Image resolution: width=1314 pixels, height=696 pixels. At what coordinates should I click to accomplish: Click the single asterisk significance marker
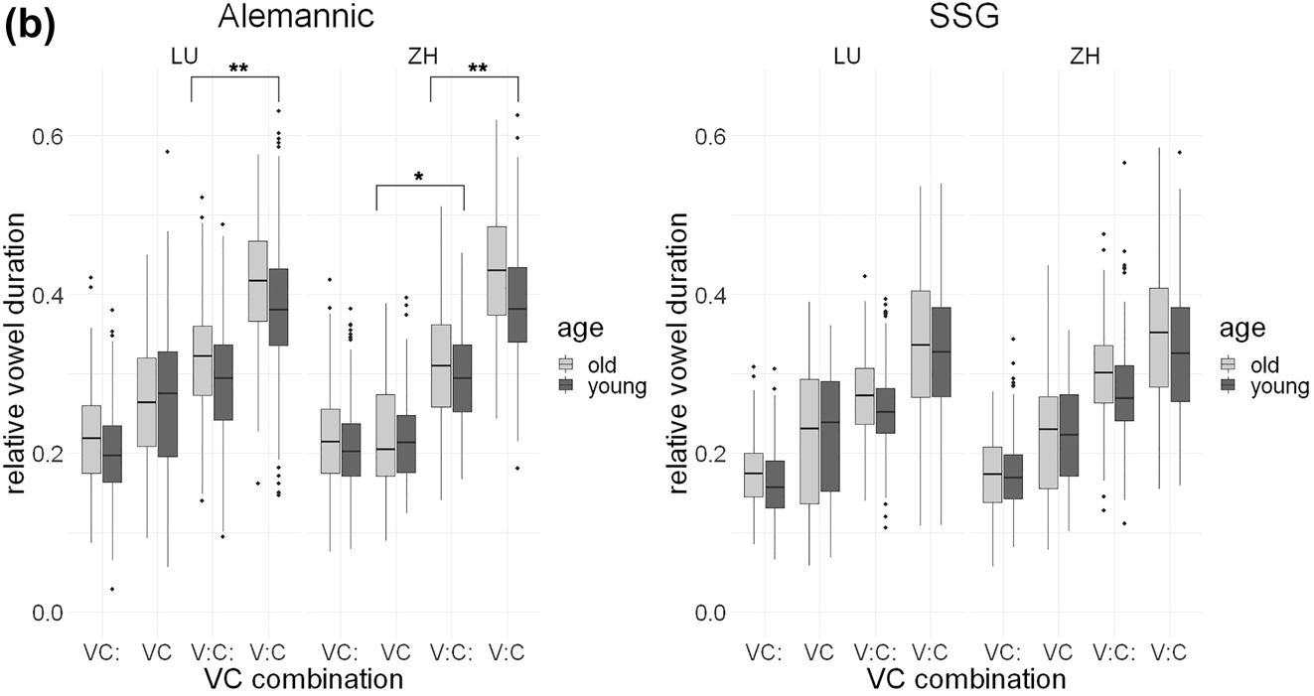[419, 178]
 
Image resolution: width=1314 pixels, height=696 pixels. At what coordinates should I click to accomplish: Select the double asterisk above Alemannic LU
[238, 69]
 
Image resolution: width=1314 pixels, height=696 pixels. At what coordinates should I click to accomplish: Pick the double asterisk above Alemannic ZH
[478, 69]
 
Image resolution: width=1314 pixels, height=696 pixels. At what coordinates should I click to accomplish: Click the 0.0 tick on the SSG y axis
[711, 613]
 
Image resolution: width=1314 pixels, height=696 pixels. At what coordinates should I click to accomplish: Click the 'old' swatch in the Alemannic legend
[567, 363]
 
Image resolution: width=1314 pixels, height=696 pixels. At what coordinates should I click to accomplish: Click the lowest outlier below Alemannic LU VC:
[112, 589]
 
